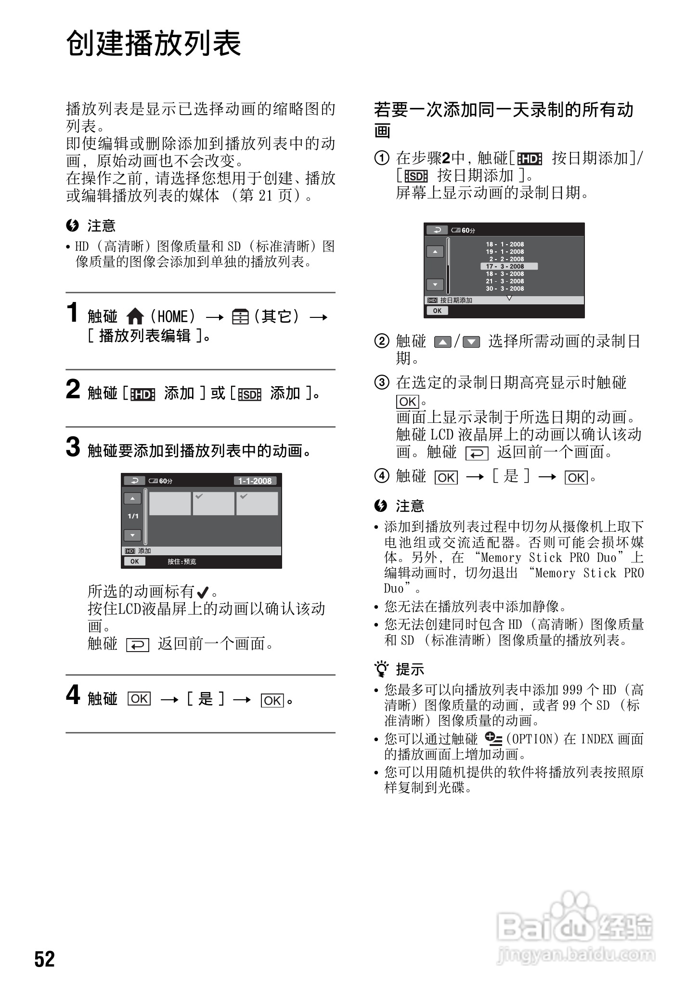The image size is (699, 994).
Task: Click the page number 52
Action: tap(44, 959)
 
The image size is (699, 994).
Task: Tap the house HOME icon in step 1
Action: tap(135, 316)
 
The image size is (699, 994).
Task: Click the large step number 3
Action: tap(73, 446)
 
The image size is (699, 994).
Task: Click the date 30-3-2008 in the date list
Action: tap(505, 288)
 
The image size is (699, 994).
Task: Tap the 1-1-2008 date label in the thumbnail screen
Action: tap(255, 481)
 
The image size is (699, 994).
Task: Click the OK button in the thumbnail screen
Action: tap(135, 561)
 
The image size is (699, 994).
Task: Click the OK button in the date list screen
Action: tap(437, 311)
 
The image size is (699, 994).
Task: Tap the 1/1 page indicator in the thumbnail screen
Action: tap(133, 516)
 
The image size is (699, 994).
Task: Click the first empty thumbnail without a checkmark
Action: tap(169, 503)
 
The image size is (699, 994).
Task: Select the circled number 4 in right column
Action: tap(381, 476)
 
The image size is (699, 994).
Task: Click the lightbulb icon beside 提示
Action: tap(382, 669)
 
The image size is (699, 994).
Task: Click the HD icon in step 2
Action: tap(142, 394)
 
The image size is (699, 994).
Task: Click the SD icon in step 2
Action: tap(249, 394)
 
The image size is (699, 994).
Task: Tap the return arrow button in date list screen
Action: tap(437, 230)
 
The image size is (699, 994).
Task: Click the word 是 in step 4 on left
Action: tap(206, 699)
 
